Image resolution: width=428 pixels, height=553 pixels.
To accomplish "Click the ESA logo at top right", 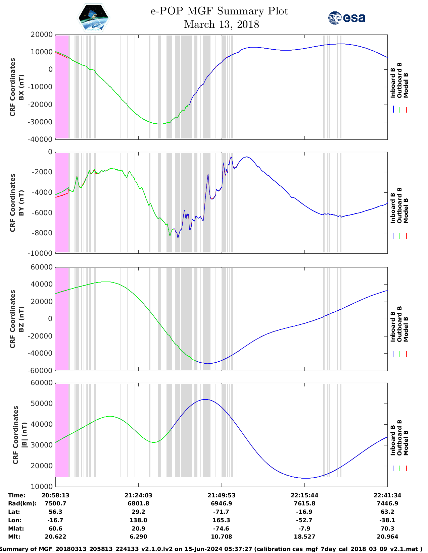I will (x=346, y=18).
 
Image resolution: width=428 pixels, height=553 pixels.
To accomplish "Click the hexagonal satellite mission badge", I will (x=93, y=17).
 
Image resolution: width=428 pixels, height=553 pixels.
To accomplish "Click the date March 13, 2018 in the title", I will (x=222, y=24).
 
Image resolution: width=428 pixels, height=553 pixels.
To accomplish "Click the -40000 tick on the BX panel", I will (x=41, y=139).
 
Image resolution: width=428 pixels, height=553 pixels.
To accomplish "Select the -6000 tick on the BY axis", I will (x=43, y=212).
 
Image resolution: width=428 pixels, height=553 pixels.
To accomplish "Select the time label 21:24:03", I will (x=138, y=495).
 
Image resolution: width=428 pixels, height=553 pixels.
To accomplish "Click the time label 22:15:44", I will (x=304, y=495).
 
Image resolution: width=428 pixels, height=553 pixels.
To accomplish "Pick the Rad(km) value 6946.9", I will (x=222, y=503).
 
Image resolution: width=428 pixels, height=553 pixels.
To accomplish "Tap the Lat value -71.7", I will (x=222, y=512).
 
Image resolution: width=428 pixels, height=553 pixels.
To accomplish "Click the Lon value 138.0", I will (x=138, y=520).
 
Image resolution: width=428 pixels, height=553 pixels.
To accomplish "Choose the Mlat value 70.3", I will (x=387, y=529).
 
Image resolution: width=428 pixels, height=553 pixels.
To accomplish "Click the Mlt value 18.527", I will (x=304, y=537).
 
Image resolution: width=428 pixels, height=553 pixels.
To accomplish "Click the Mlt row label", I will (x=14, y=537).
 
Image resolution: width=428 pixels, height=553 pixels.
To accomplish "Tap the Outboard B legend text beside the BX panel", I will (x=399, y=80).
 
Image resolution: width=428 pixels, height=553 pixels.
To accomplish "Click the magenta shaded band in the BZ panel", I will (x=62, y=319).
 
